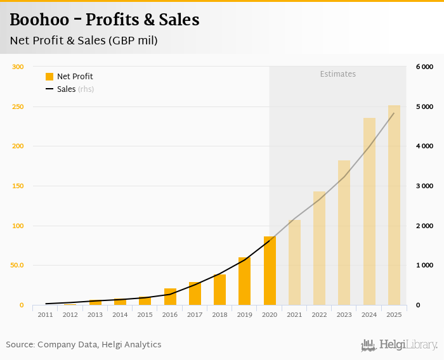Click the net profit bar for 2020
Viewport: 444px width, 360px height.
point(270,271)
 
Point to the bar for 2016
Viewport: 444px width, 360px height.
point(170,297)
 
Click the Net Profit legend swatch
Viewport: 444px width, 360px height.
point(49,77)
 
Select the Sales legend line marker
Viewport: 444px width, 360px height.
point(49,89)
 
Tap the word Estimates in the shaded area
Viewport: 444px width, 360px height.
point(337,74)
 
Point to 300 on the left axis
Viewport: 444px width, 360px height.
point(18,67)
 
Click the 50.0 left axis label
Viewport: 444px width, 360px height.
point(16,266)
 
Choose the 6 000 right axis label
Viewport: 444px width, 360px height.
point(424,67)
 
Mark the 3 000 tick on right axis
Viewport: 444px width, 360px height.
point(424,186)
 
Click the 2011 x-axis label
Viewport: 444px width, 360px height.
point(45,314)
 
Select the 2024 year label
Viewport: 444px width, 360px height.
point(369,314)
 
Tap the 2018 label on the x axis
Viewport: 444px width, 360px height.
point(219,314)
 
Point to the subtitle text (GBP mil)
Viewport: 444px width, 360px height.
point(133,41)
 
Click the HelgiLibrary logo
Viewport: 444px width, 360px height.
point(400,345)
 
